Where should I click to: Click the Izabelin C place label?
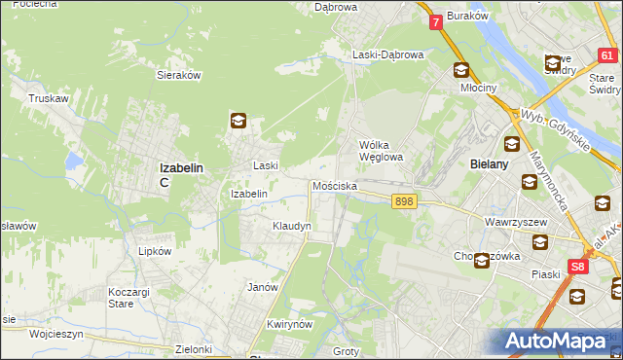pos(180,173)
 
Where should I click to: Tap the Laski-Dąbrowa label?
pos(387,55)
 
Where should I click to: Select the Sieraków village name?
pos(178,74)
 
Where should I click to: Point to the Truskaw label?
pos(47,98)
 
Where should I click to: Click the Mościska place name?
pos(334,186)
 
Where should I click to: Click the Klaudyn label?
pos(291,226)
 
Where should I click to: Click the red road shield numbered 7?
pos(435,21)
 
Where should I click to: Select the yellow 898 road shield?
pos(405,200)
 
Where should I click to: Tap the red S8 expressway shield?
pos(579,266)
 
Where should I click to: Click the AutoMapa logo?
pos(561,341)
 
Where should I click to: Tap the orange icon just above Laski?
pos(238,121)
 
